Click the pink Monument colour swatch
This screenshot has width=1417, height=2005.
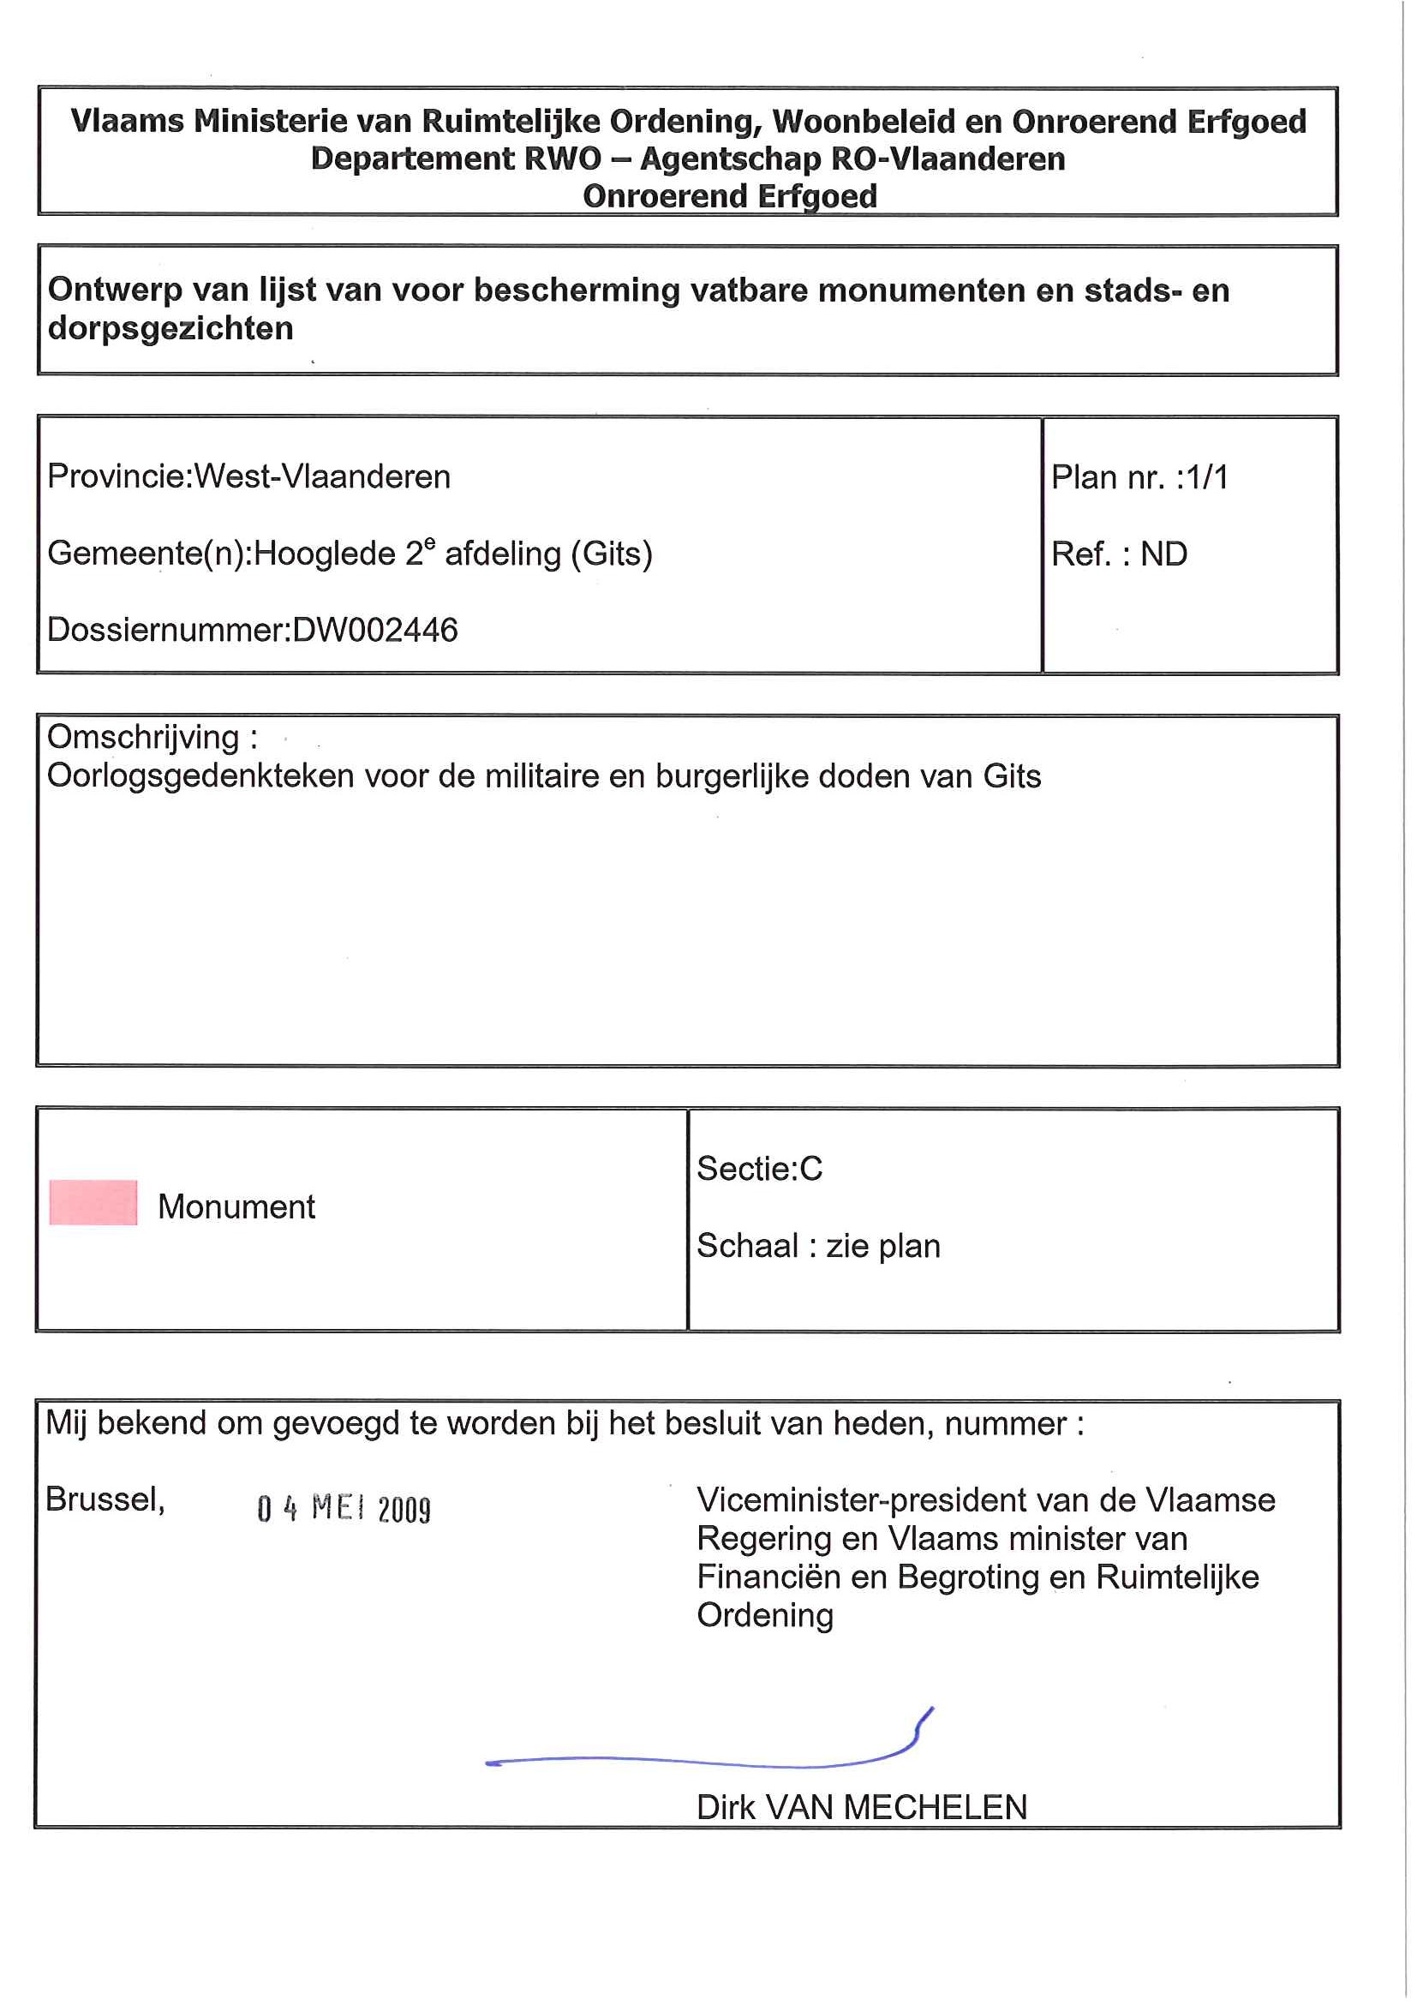pyautogui.click(x=93, y=1202)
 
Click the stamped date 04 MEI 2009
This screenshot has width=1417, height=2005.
pyautogui.click(x=344, y=1508)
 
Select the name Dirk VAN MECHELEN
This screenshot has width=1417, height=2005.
pyautogui.click(x=861, y=1807)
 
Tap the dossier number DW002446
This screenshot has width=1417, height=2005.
pyautogui.click(x=374, y=630)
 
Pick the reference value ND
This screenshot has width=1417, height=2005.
pyautogui.click(x=1163, y=554)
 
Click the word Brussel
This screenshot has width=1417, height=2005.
pyautogui.click(x=104, y=1499)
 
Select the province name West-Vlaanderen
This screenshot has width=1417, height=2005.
pyautogui.click(x=321, y=476)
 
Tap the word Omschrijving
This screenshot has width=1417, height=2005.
pyautogui.click(x=143, y=737)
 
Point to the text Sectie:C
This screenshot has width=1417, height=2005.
pyautogui.click(x=759, y=1169)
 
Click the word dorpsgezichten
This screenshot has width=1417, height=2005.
pyautogui.click(x=170, y=328)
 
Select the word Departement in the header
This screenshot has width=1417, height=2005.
pyautogui.click(x=412, y=159)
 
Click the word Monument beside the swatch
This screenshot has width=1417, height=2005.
pyautogui.click(x=236, y=1206)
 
